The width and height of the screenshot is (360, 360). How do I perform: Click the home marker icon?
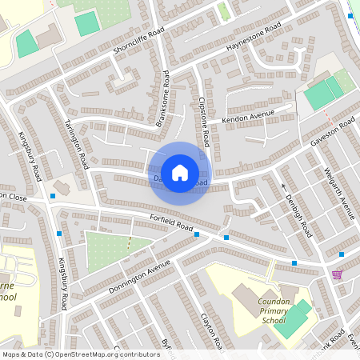pos(180,172)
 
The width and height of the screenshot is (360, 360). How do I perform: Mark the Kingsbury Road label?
pos(34,157)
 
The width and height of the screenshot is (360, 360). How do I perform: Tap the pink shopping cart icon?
pos(337,274)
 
